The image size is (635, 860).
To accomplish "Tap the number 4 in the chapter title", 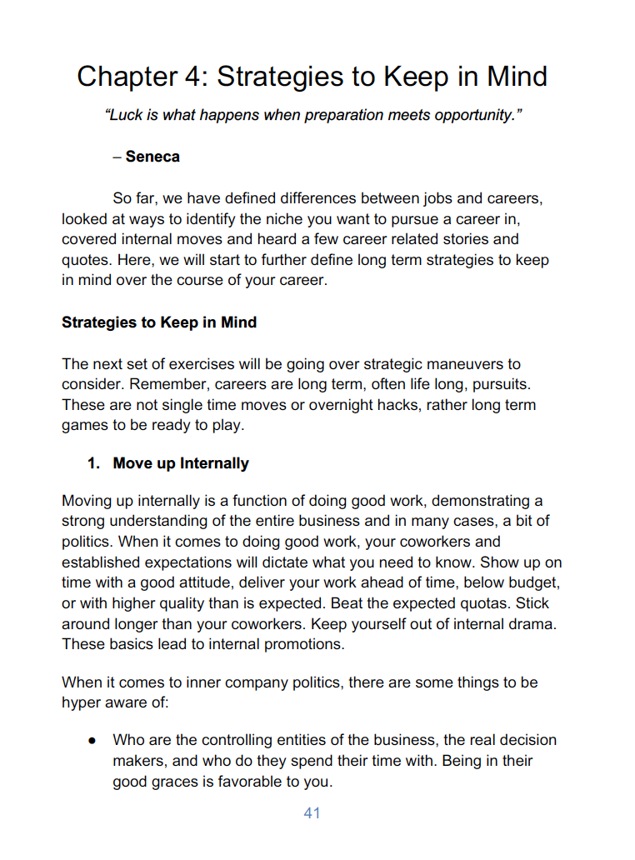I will [x=193, y=77].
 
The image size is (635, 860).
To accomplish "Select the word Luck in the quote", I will [x=122, y=115].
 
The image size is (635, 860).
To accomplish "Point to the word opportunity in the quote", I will [x=472, y=115].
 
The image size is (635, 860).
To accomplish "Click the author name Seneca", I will [x=152, y=157].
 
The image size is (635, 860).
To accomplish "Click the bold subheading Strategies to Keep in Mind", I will [x=159, y=322].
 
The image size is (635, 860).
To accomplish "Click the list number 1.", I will [x=93, y=463].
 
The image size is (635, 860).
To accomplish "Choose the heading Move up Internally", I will [x=181, y=463].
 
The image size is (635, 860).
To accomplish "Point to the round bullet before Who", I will [x=94, y=740].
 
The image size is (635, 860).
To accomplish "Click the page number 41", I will [x=312, y=813].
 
